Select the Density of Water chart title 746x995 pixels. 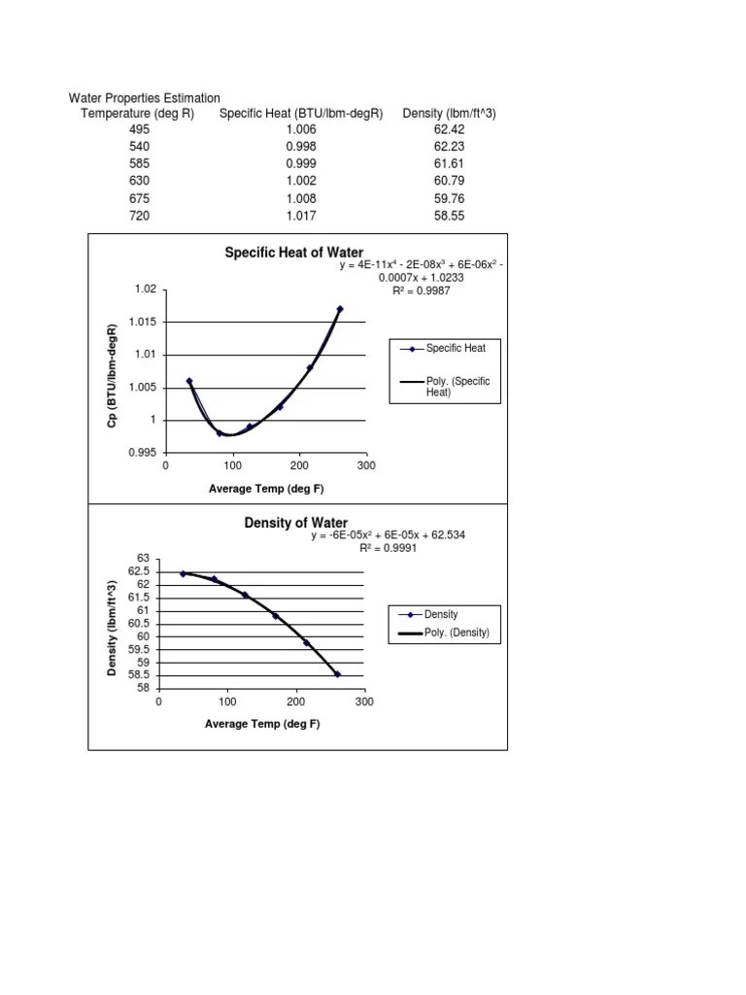295,524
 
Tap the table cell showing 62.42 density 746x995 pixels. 449,129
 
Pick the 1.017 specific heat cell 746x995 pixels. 301,216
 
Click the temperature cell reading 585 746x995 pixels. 139,164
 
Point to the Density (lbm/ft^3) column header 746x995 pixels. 449,114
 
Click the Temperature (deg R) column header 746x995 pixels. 137,114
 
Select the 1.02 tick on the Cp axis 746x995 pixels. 146,290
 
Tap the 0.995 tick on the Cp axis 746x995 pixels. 143,453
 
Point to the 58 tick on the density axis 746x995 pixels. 142,688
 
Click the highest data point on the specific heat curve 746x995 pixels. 340,309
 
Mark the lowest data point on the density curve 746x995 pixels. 337,674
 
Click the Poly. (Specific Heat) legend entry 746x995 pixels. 458,387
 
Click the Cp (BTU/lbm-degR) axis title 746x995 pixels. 114,372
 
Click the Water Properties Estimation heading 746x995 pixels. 145,98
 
